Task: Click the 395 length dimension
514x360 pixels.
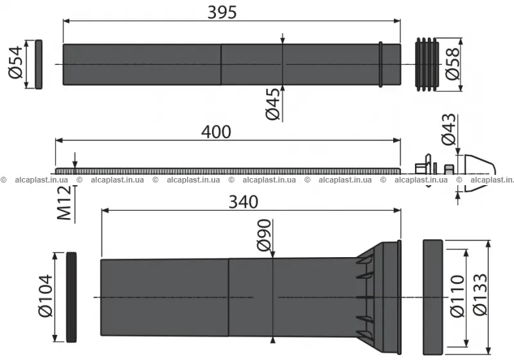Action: coord(222,12)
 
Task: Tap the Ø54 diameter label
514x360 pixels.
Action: coord(15,62)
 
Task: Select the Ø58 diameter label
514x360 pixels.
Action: coord(453,64)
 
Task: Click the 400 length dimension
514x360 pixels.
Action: coord(216,132)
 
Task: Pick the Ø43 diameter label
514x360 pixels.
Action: coord(448,129)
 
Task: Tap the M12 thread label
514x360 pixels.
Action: coord(64,203)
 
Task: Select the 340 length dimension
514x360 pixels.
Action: coord(244,202)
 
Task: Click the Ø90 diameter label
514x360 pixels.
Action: coord(264,235)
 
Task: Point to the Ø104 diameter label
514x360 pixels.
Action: coord(45,296)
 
